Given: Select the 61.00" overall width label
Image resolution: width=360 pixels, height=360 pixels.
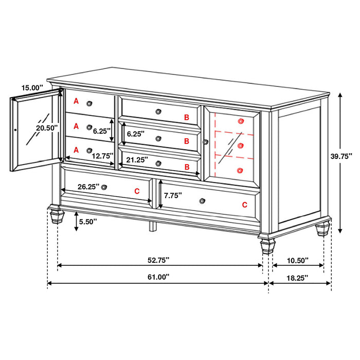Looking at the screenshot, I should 158,277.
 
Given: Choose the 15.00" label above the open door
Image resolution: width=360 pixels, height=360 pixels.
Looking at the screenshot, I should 32,88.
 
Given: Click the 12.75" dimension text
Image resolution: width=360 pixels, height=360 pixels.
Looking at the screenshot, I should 99,155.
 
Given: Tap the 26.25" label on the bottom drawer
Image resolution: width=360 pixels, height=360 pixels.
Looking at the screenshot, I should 88,187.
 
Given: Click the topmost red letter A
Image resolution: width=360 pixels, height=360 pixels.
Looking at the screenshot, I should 76,101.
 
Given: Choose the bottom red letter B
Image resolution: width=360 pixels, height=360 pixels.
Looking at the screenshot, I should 187,167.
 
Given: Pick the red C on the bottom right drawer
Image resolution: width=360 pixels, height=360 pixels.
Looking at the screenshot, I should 245,204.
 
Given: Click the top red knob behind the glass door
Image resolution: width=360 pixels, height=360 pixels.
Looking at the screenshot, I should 241,121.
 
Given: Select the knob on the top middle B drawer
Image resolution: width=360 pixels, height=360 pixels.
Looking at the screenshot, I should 158,110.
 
